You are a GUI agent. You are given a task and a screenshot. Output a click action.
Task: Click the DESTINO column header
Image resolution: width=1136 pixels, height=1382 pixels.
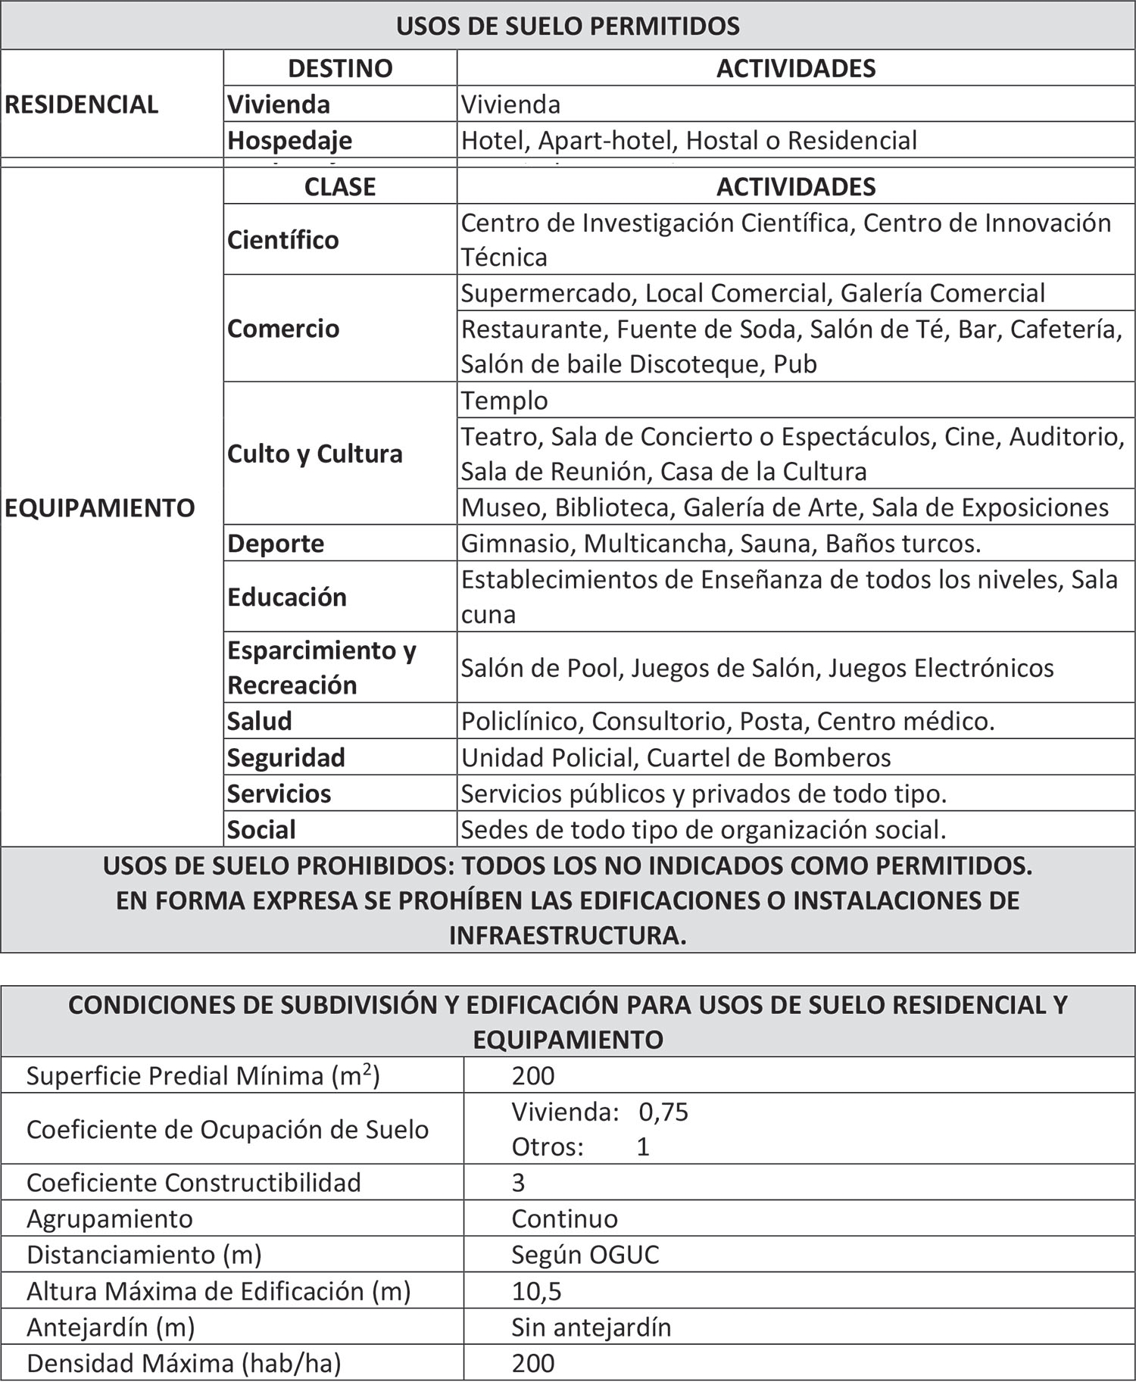point(340,68)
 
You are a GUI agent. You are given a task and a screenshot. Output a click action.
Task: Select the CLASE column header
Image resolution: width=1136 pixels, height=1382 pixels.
point(340,186)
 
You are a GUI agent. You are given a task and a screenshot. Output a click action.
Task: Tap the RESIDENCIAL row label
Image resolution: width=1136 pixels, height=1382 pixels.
point(82,105)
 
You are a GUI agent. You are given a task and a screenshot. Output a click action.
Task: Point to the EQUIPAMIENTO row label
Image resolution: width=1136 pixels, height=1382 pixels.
point(100,507)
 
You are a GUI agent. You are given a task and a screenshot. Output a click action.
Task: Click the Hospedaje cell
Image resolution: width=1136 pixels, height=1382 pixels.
point(290,140)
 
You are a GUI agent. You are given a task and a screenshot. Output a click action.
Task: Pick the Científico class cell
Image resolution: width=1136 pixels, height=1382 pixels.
point(283,240)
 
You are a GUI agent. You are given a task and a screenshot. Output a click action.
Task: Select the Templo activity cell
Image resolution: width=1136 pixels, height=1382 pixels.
point(504,400)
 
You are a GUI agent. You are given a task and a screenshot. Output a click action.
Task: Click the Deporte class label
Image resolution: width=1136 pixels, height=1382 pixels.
point(276,543)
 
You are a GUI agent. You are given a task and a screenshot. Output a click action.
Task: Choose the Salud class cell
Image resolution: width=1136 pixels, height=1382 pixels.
point(260,720)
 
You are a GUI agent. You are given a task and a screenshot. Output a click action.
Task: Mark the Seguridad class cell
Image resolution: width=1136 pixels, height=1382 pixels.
point(286,757)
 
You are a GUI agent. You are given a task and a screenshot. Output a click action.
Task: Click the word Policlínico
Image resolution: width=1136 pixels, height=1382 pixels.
point(521,721)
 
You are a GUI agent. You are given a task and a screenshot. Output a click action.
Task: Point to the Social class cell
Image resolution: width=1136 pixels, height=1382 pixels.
point(261,829)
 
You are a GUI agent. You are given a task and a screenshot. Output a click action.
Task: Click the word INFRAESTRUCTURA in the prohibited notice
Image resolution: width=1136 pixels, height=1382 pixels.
point(566,935)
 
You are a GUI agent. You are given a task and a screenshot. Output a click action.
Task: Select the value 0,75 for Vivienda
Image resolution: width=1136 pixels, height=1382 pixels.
point(663,1112)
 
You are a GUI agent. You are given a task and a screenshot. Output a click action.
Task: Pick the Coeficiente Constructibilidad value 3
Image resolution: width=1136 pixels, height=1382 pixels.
point(518,1183)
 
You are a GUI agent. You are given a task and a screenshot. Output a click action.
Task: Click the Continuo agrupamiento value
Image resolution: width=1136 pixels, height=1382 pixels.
point(564,1218)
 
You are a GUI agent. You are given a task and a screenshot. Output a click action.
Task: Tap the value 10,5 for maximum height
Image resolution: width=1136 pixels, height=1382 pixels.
point(536,1291)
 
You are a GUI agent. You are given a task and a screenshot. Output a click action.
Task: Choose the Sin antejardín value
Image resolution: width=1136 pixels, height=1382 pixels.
point(591,1327)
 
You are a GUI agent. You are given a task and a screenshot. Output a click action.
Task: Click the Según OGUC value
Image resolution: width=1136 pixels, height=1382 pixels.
point(585,1255)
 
